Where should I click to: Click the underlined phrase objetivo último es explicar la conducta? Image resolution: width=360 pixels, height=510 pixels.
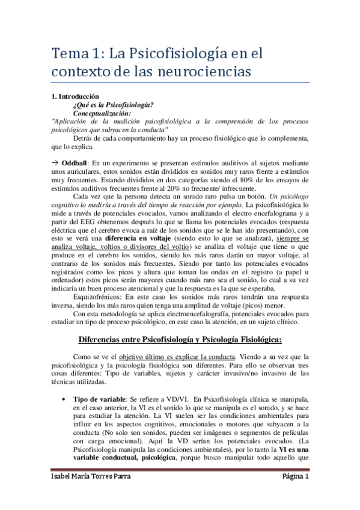point(165,355)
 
